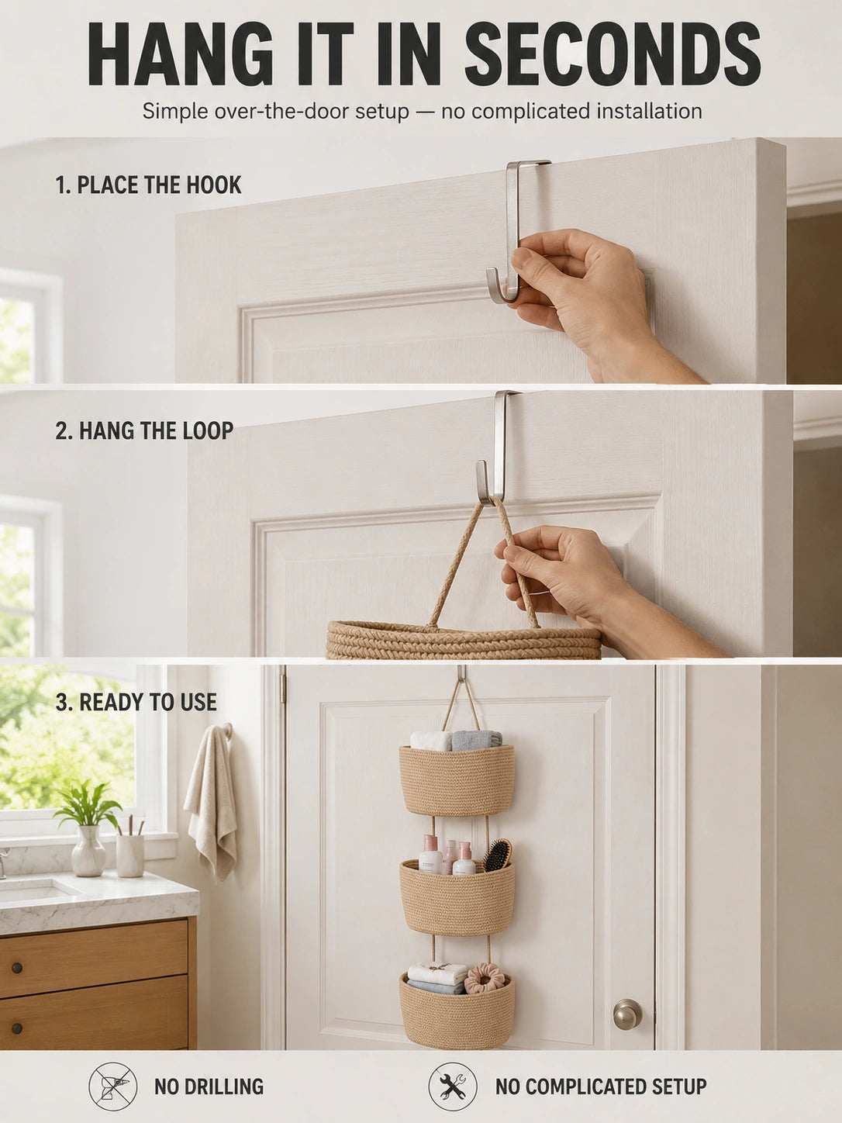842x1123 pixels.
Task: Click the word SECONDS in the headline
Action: pos(613,55)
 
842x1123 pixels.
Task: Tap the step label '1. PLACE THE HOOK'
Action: pos(148,185)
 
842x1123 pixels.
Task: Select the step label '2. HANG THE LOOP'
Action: pos(144,430)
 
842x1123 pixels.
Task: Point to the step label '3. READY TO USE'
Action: pos(136,702)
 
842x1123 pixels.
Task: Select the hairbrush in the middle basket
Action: pos(498,855)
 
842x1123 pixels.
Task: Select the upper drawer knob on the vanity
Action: pos(17,968)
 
